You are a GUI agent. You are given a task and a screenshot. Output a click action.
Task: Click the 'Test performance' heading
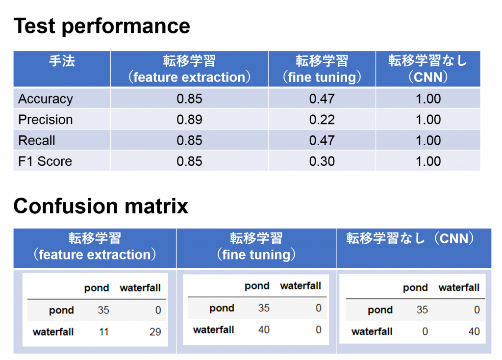[x=102, y=26]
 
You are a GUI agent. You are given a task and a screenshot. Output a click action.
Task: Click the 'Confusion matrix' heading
[x=101, y=206]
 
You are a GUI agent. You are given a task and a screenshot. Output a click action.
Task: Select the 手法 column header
[x=62, y=61]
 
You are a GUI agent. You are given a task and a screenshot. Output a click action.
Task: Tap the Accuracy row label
[x=46, y=99]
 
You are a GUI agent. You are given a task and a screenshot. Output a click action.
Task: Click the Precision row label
[x=46, y=120]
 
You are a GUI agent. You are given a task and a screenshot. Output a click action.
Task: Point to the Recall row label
[x=36, y=141]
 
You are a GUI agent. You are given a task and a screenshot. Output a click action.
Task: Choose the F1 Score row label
[x=45, y=161]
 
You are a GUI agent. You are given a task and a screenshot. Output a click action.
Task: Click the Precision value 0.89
[x=189, y=120]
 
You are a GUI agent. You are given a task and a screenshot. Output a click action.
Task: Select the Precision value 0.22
[x=322, y=120]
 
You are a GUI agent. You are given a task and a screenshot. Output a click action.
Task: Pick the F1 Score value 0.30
[x=322, y=161]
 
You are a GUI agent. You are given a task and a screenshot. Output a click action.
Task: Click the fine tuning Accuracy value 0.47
[x=322, y=99]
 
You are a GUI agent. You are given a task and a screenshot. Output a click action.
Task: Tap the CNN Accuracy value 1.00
[x=428, y=99]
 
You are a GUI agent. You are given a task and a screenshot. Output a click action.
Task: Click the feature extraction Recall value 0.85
[x=189, y=141]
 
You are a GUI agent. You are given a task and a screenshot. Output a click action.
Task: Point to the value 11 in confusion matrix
[x=104, y=332]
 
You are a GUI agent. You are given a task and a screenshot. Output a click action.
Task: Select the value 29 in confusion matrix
[x=155, y=332]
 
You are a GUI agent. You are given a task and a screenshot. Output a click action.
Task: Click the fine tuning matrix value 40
[x=264, y=330]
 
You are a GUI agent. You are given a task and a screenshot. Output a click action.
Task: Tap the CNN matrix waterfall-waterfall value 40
[x=474, y=331]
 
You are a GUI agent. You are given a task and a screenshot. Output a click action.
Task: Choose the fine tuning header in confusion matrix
[x=256, y=247]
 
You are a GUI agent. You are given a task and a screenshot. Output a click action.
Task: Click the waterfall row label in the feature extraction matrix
[x=53, y=332]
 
